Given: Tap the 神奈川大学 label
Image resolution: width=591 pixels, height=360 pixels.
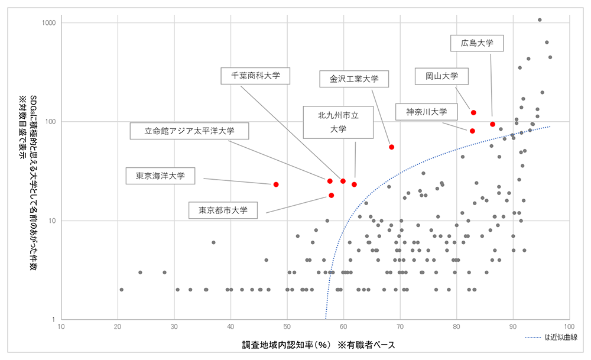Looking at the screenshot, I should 426,112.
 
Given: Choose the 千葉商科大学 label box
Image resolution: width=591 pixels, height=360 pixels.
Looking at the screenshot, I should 255,76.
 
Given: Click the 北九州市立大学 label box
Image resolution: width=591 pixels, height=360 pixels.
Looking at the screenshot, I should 338,122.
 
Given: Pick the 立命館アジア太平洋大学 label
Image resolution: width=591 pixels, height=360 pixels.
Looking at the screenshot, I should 189,131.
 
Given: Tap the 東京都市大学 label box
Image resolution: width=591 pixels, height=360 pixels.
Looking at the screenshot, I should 223,210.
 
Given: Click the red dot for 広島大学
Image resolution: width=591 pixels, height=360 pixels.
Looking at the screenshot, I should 492,124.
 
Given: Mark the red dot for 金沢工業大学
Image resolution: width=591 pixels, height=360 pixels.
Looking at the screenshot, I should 391,147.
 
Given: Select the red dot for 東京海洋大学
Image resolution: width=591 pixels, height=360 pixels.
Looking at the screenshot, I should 276,184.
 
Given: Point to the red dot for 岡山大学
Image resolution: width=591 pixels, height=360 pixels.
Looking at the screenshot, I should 473,112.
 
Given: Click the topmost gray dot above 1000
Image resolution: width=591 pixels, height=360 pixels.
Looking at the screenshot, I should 540,20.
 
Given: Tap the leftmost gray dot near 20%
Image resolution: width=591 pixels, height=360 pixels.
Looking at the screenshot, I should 121,290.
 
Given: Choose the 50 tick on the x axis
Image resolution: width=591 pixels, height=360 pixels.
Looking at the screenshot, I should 287,326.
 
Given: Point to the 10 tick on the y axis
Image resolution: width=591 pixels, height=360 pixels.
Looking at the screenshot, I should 52,220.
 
